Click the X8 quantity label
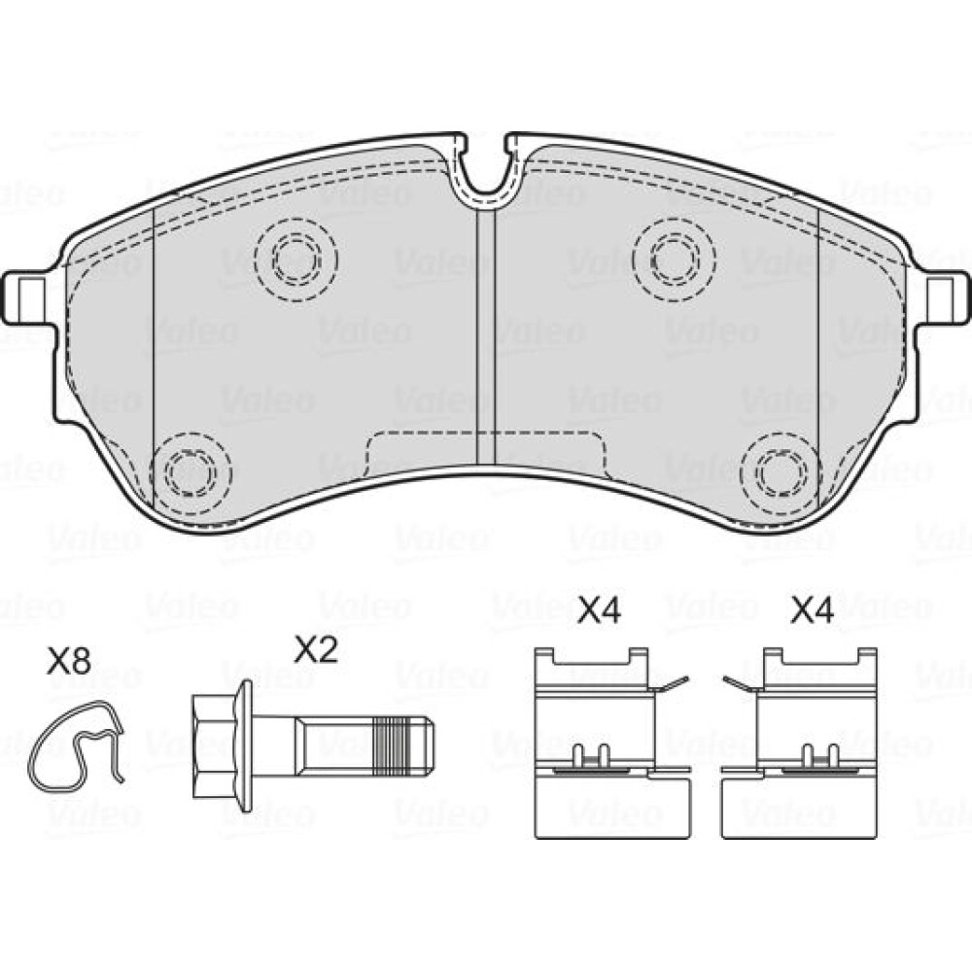pyautogui.click(x=69, y=662)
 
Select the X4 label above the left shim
pyautogui.click(x=599, y=610)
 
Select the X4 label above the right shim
pyautogui.click(x=813, y=610)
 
